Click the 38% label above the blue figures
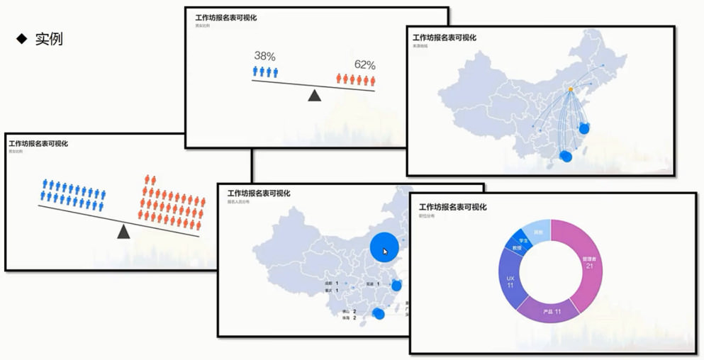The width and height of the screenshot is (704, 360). point(265,57)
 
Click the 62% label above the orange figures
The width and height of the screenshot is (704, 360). point(364,65)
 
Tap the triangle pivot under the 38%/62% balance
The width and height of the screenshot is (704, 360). point(315,95)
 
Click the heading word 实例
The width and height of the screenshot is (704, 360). point(49,39)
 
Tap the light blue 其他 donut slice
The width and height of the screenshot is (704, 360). point(539,232)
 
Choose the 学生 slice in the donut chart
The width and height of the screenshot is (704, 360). point(523,240)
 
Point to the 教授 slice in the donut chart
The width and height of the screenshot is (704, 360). point(515,248)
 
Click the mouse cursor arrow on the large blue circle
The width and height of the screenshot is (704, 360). point(386,252)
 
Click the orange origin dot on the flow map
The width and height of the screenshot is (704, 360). point(571,89)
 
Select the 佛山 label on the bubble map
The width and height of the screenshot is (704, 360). point(345,310)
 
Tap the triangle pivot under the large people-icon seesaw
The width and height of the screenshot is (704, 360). point(124,231)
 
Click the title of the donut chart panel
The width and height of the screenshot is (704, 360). point(453,207)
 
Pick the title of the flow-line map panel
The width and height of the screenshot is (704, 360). point(445,38)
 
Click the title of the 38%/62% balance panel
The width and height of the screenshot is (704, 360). point(225,18)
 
